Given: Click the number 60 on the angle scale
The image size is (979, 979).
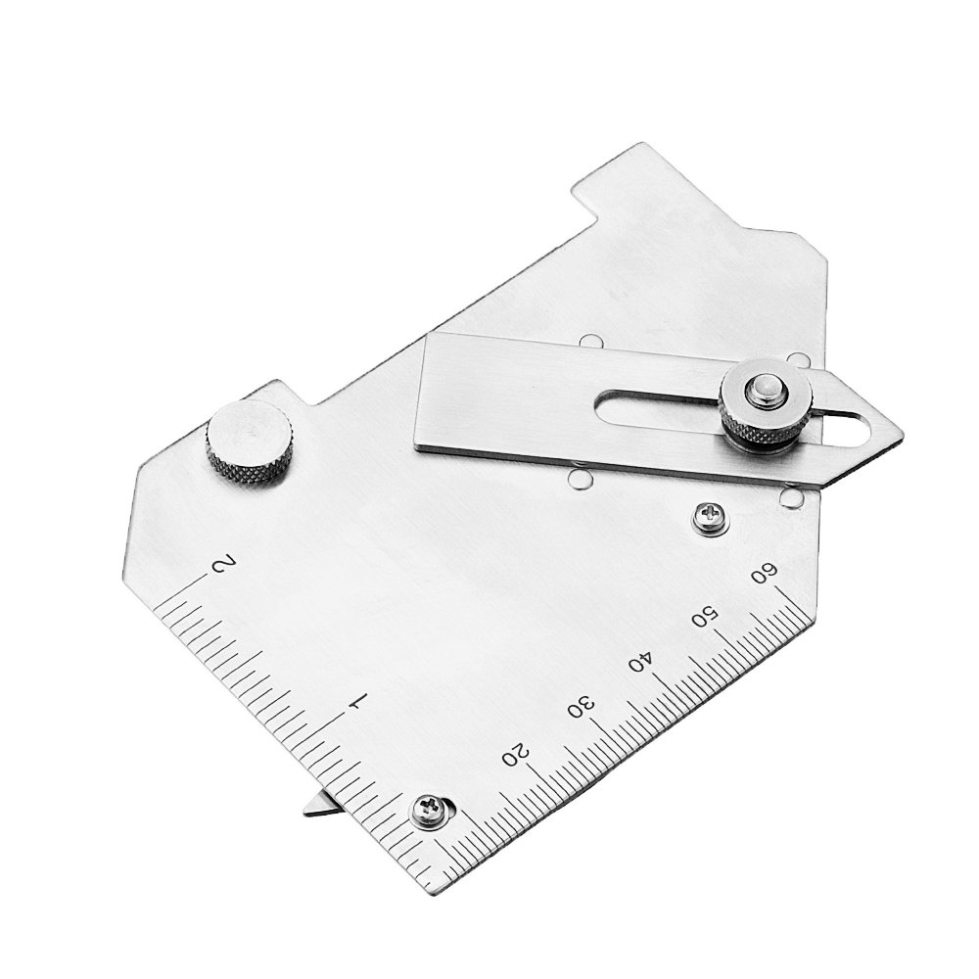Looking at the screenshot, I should [x=765, y=573].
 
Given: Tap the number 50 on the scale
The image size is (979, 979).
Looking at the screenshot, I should [x=703, y=618].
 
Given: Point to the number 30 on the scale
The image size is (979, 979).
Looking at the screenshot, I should [x=581, y=706].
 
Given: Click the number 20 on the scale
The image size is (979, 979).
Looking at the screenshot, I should [x=516, y=753].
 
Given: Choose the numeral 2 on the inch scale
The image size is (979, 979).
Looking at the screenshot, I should [x=224, y=566].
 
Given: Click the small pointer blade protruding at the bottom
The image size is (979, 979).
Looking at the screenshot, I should [x=319, y=805].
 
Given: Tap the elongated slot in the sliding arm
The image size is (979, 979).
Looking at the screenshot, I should [x=666, y=404].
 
